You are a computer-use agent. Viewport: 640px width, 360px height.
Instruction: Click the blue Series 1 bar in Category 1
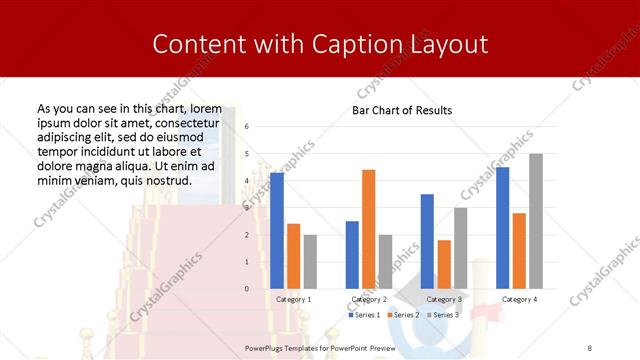pyautogui.click(x=277, y=231)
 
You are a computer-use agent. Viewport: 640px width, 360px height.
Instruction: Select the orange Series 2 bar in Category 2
pyautogui.click(x=368, y=229)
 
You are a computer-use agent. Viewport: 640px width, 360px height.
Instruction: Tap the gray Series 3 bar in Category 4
pyautogui.click(x=535, y=221)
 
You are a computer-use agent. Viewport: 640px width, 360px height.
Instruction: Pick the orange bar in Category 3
pyautogui.click(x=444, y=264)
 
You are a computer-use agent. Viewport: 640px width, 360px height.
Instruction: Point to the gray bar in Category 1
pyautogui.click(x=310, y=262)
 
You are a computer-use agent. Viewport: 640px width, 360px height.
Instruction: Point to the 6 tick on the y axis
pyautogui.click(x=247, y=126)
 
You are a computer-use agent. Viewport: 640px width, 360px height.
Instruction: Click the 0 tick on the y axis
pyautogui.click(x=247, y=289)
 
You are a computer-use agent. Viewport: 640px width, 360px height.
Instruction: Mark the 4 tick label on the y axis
pyautogui.click(x=247, y=181)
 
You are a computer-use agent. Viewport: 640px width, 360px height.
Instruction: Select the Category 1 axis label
pyautogui.click(x=293, y=299)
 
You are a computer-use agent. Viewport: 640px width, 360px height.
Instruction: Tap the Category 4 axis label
pyautogui.click(x=519, y=299)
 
